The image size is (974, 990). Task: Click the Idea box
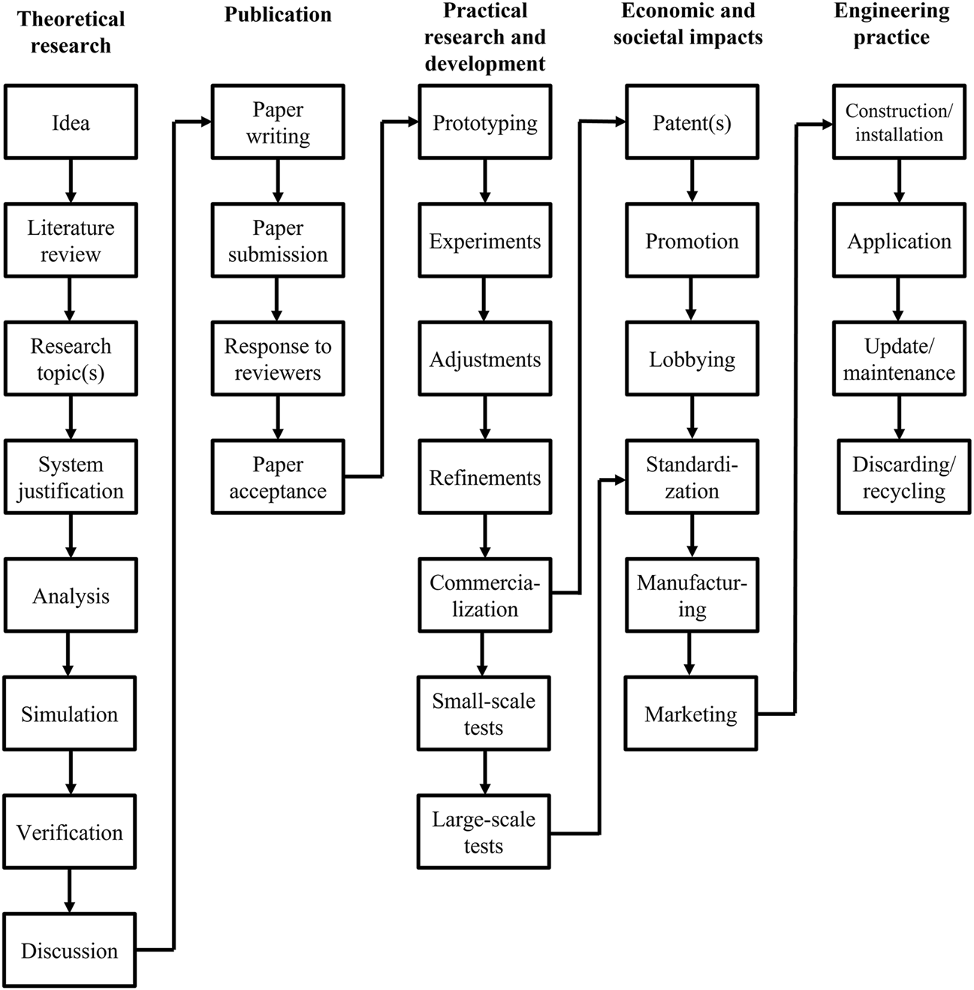point(71,122)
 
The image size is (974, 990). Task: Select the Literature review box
point(71,240)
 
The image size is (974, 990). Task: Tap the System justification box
point(71,477)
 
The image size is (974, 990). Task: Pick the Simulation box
point(70,714)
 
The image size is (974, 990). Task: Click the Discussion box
point(70,950)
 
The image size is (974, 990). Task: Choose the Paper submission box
point(278,240)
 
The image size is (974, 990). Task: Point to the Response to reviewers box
point(278,359)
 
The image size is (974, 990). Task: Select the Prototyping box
point(485,122)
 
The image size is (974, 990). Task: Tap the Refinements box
point(485,477)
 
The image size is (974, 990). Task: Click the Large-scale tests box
point(484,832)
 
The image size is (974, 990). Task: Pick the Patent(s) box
point(692,122)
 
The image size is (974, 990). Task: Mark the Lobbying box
point(692,359)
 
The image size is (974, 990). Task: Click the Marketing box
point(691,714)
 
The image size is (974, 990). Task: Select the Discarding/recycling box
point(904,477)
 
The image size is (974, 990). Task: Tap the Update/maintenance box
point(899,359)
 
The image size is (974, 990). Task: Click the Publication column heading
point(278,15)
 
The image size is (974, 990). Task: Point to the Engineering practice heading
point(891,24)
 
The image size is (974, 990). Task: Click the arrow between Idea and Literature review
point(71,181)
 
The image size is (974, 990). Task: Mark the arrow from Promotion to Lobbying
point(692,299)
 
